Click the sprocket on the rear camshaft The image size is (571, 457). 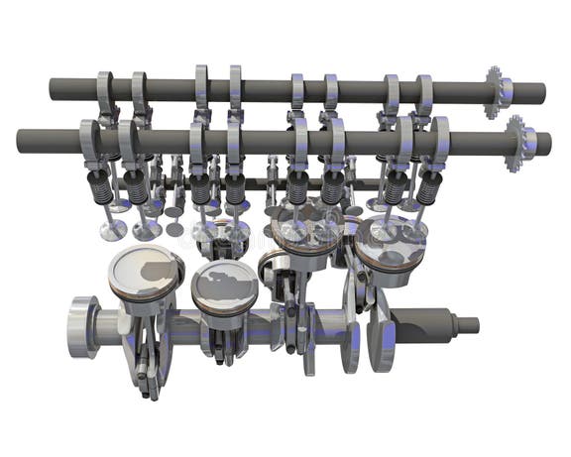493,92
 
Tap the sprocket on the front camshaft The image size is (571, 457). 515,143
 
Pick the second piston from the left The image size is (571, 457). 224,285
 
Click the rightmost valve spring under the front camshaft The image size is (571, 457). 427,185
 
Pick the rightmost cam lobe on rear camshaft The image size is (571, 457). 423,92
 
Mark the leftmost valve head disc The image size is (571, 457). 111,231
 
